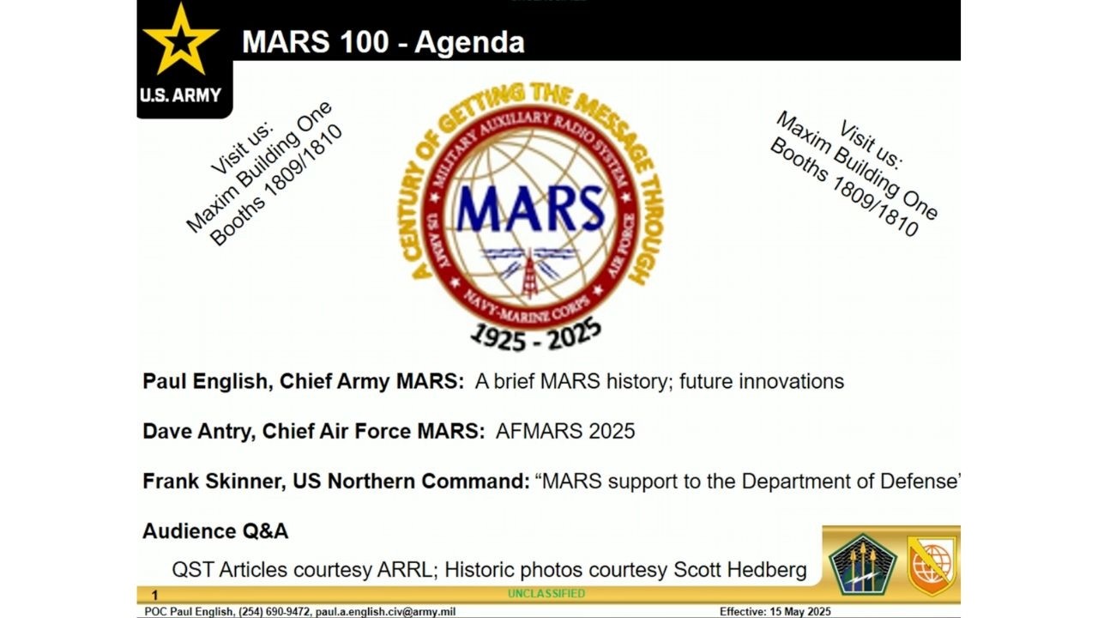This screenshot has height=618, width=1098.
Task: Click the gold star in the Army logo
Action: tap(180, 39)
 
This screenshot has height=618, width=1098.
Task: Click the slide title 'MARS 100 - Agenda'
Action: tap(383, 42)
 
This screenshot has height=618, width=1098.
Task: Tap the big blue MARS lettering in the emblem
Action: tap(530, 209)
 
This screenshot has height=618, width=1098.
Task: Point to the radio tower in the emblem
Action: tap(529, 274)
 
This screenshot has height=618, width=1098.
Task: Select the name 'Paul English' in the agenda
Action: tap(204, 382)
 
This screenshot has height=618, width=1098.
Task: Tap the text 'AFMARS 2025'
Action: tap(565, 431)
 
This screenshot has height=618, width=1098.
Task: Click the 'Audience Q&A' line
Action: tap(215, 531)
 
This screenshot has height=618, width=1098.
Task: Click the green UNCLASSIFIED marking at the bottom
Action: tap(546, 593)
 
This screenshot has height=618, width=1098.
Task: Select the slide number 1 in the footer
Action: tap(155, 595)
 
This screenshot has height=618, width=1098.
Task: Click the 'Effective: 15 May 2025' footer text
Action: tap(775, 612)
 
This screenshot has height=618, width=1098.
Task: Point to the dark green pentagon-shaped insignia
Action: tap(862, 564)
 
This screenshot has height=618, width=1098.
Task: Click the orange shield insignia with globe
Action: tap(932, 564)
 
